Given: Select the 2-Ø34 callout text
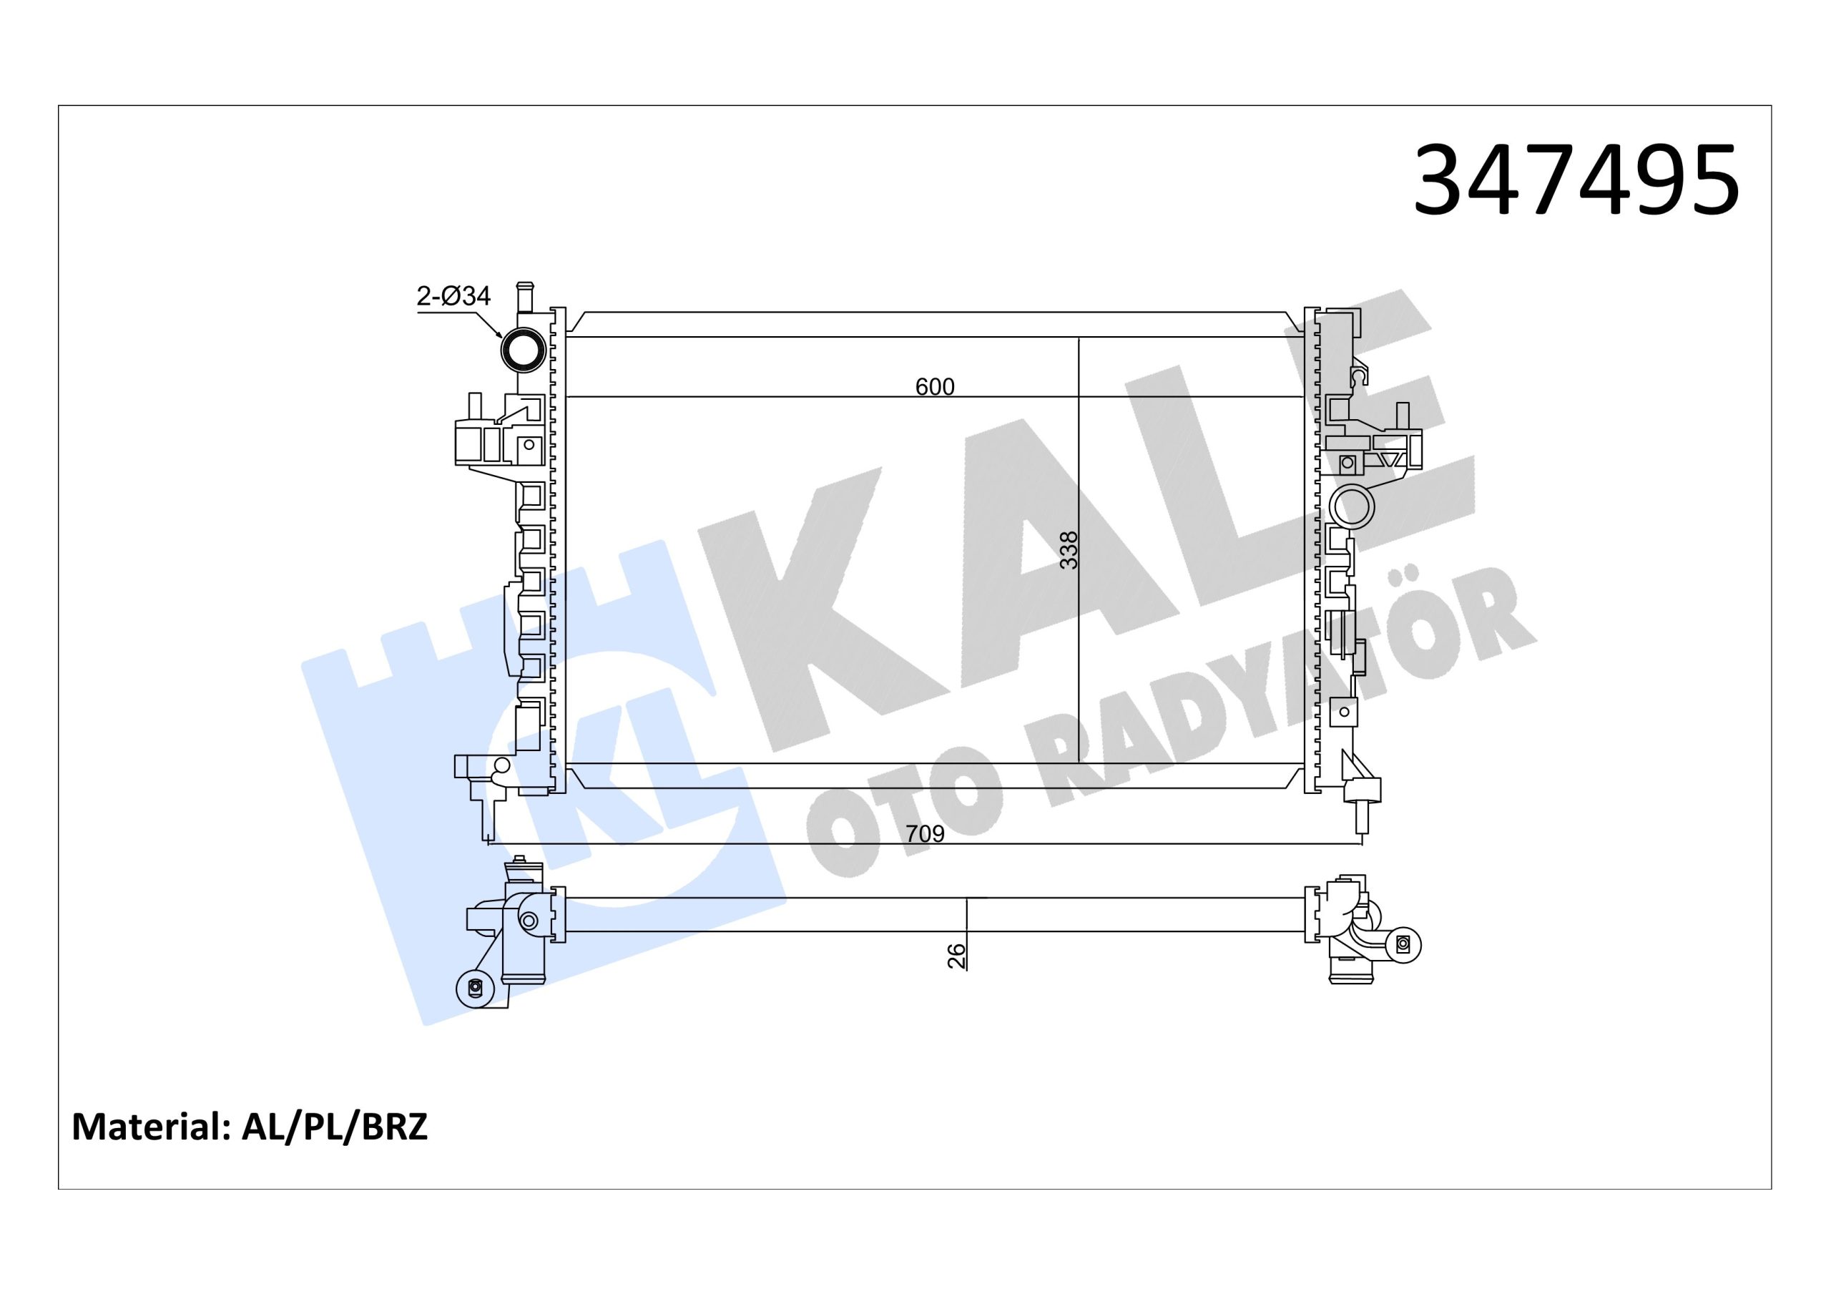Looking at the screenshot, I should point(453,296).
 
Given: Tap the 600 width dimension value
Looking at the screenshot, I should point(935,387).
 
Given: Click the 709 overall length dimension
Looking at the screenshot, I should point(925,833).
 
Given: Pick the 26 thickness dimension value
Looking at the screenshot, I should point(956,956).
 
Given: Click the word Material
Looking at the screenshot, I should point(147,1127).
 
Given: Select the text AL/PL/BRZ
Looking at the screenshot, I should point(335,1127).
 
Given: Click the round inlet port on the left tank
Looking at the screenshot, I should point(523,349).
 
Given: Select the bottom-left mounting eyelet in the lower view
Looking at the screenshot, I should point(474,987).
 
